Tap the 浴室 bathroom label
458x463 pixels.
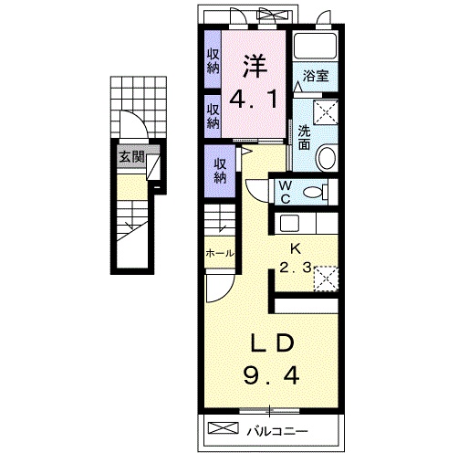(316, 76)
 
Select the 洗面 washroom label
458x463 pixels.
(304, 137)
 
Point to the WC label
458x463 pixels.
(286, 192)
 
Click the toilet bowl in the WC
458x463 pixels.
(313, 193)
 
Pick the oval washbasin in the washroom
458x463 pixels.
(328, 158)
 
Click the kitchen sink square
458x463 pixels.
(289, 223)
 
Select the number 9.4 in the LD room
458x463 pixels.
(271, 375)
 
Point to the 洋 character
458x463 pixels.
(255, 67)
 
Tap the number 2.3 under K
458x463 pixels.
(296, 268)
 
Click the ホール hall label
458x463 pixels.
(220, 253)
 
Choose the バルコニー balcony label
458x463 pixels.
(277, 431)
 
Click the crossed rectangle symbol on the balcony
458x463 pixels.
(223, 427)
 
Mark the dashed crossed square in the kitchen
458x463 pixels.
(326, 279)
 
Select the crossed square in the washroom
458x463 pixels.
(326, 111)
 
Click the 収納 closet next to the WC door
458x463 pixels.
(220, 171)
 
